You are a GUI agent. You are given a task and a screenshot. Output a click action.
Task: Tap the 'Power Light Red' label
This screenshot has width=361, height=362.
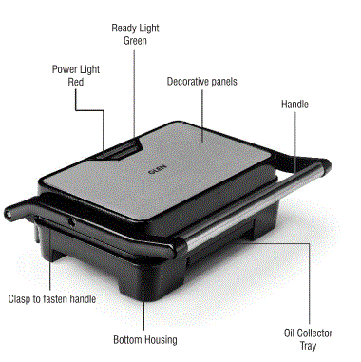coord(77,76)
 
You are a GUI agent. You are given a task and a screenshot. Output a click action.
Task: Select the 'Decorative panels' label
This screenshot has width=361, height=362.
coord(201,82)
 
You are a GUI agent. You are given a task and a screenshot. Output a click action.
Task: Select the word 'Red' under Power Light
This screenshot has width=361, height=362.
coord(77,83)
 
